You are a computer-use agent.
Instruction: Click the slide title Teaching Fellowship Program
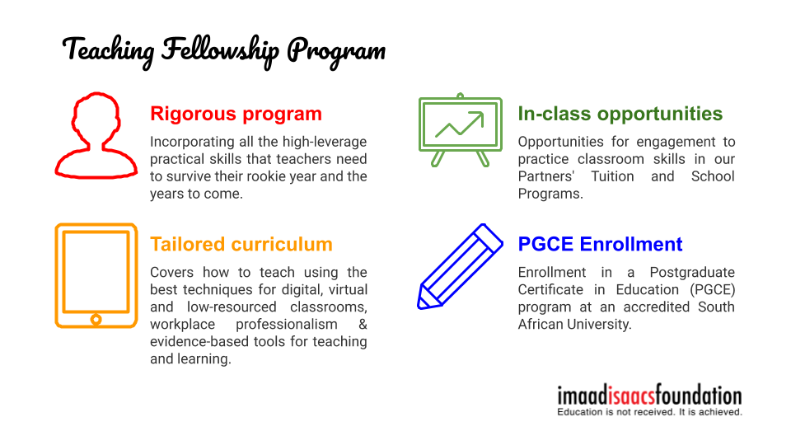point(224,50)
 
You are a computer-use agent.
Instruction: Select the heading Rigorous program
point(236,114)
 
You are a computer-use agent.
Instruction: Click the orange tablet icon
point(96,275)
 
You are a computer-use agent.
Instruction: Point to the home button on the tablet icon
point(96,318)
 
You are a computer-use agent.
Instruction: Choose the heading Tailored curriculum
point(241,245)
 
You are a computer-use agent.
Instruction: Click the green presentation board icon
point(460,130)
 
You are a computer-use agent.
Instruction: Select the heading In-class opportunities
point(620,114)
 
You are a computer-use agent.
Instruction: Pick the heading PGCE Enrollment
point(600,245)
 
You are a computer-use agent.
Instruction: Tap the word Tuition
point(612,176)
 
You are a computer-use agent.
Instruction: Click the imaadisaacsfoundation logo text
point(649,396)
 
